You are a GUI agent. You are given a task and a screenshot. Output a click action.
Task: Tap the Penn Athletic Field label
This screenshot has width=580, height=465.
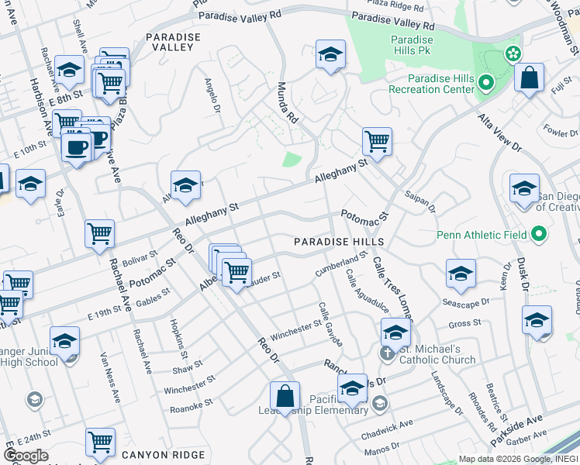482,234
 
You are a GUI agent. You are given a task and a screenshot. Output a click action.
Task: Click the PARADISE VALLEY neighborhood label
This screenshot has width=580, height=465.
169,42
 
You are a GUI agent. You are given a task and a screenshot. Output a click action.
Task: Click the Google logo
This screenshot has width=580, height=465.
26,456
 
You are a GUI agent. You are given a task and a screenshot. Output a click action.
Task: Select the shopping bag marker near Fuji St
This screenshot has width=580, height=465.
529,78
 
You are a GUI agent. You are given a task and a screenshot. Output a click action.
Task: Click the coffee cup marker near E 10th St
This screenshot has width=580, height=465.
77,147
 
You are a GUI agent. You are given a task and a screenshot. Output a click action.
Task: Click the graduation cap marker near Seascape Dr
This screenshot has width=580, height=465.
461,274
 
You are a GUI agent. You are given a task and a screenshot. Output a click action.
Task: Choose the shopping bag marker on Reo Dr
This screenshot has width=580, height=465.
285,396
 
